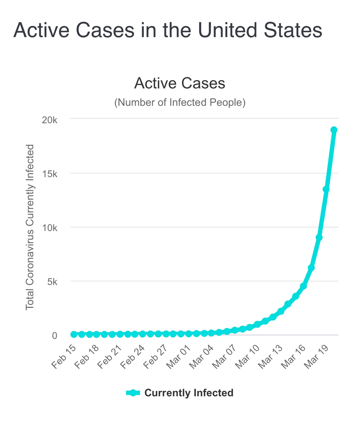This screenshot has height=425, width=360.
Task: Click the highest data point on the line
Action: tap(334, 130)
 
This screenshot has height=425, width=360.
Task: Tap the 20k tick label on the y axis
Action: tap(50, 120)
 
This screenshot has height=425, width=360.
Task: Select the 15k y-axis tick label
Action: tap(50, 174)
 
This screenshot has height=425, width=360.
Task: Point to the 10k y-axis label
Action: tap(50, 228)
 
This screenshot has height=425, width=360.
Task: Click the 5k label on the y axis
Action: tap(52, 282)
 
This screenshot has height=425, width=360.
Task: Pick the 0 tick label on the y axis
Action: tap(54, 336)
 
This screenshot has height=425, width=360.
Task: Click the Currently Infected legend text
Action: tap(189, 393)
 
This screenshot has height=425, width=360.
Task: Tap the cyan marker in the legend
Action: tap(133, 393)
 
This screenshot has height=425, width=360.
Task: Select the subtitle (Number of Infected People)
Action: tap(180, 102)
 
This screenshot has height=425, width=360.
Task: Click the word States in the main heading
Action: tap(293, 30)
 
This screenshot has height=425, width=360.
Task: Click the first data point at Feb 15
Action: tap(74, 334)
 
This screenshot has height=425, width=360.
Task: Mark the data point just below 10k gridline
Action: tap(319, 237)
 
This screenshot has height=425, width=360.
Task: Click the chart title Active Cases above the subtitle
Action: tap(180, 83)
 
